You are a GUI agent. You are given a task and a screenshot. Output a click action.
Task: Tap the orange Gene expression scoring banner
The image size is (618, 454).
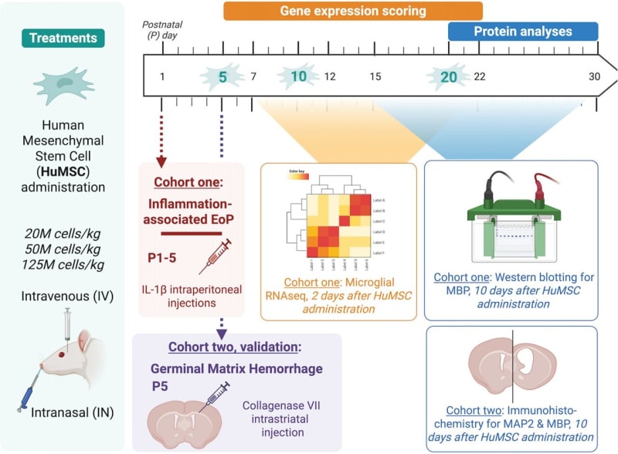352,12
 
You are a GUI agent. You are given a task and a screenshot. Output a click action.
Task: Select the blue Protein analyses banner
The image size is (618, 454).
523,32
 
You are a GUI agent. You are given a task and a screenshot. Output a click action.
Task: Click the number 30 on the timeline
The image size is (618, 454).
594,77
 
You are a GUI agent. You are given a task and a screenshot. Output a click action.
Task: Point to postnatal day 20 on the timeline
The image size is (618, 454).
449,77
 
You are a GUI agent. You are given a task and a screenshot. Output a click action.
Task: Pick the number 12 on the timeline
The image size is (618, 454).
330,77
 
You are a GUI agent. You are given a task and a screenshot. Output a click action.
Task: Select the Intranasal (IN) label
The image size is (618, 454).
73,413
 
